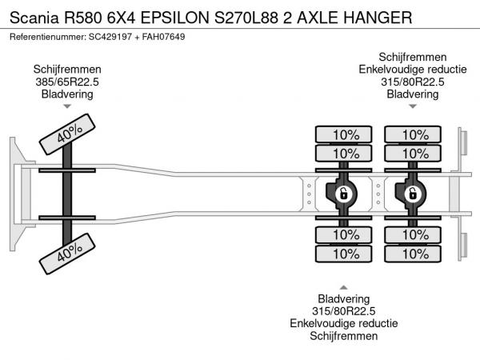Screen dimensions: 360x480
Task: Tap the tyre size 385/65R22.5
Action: [x=67, y=82]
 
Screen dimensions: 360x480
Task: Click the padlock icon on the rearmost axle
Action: [x=414, y=193]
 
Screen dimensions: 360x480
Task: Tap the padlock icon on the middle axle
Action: [x=343, y=193]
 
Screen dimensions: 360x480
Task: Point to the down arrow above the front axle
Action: [x=67, y=106]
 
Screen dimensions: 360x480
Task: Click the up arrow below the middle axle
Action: [x=344, y=287]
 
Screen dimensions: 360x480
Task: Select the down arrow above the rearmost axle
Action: [x=413, y=106]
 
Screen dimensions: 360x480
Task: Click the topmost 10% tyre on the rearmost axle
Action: [x=414, y=134]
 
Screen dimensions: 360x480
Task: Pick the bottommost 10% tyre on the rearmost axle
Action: [x=414, y=254]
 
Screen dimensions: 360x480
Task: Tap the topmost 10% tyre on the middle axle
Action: [x=345, y=134]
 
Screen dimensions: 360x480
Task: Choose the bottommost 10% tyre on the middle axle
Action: [x=345, y=254]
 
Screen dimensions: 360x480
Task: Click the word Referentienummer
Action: [x=46, y=38]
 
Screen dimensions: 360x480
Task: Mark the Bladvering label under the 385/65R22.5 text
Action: [x=67, y=94]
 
